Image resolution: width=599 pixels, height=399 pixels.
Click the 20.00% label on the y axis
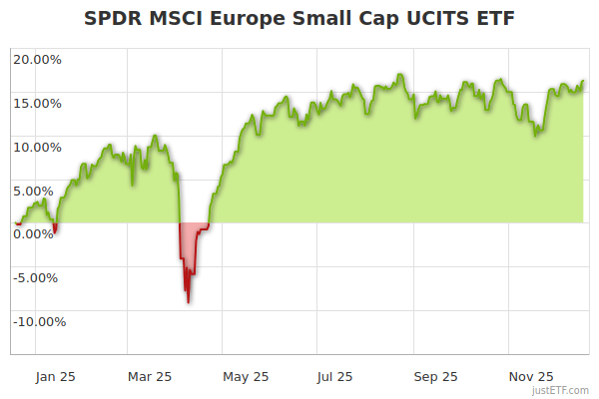click(x=37, y=59)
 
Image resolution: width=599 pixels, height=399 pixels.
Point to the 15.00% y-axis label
click(x=37, y=103)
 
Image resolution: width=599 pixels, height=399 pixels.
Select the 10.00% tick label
click(x=37, y=147)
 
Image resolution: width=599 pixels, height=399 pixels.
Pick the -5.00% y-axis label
click(x=38, y=277)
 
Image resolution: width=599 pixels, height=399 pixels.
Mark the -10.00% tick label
click(x=38, y=321)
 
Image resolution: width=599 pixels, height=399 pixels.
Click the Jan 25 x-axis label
click(x=55, y=377)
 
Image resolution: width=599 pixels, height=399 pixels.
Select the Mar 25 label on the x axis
click(x=151, y=377)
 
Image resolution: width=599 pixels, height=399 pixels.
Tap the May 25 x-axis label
click(x=247, y=377)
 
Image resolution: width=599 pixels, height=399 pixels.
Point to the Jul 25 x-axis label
click(x=333, y=377)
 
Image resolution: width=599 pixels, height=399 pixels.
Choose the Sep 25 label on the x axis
click(x=435, y=377)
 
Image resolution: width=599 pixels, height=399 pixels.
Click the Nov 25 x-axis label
click(x=530, y=377)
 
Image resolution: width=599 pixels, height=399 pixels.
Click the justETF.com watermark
click(x=560, y=390)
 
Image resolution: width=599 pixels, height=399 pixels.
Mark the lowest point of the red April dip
click(x=188, y=301)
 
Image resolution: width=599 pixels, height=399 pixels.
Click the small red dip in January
click(x=55, y=230)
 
